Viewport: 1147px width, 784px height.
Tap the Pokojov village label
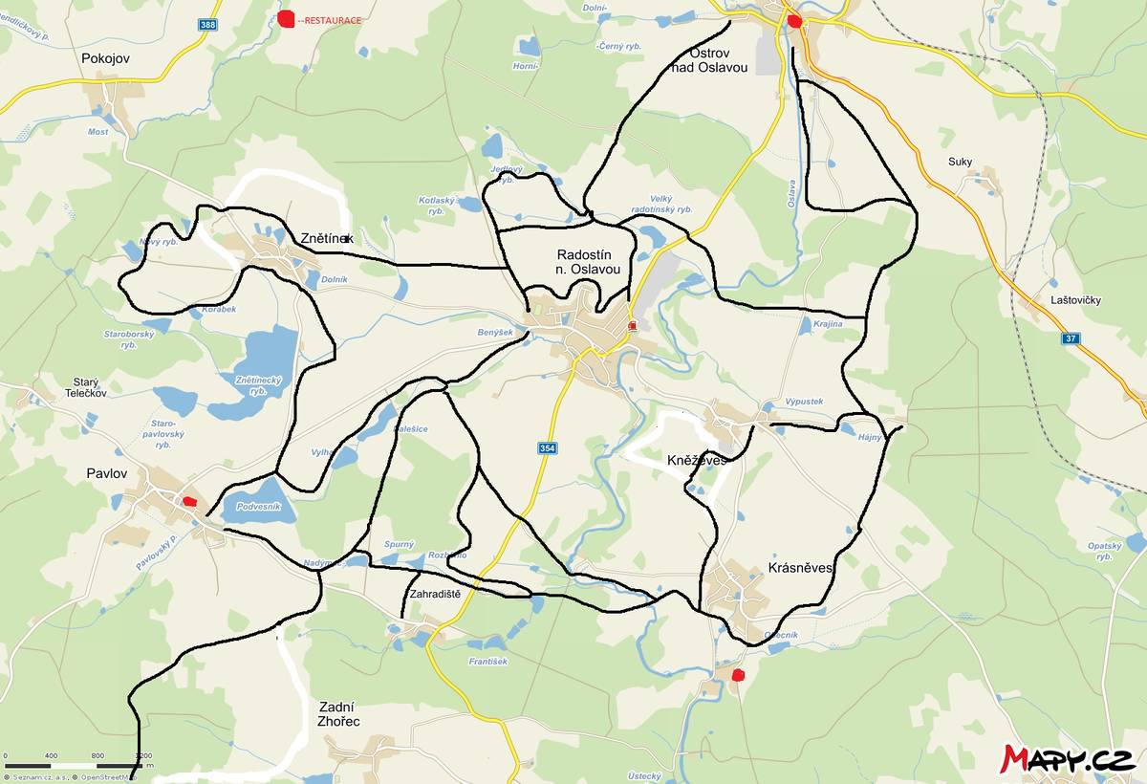(x=105, y=58)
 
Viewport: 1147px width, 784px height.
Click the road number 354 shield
(x=545, y=447)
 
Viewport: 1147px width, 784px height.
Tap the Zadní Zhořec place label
(x=338, y=713)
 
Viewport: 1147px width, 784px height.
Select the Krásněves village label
(x=801, y=568)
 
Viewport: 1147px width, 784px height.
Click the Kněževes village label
(x=697, y=460)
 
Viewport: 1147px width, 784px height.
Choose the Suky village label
(x=960, y=162)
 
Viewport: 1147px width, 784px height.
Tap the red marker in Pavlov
(x=189, y=500)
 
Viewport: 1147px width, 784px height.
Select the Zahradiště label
(x=435, y=594)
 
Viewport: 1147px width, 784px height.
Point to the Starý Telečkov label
(x=85, y=386)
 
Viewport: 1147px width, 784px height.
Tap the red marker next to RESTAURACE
(x=286, y=17)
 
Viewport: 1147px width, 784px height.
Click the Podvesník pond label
(x=258, y=507)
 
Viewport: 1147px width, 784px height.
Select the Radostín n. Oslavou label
(x=589, y=262)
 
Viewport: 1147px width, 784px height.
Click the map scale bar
(x=72, y=764)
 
